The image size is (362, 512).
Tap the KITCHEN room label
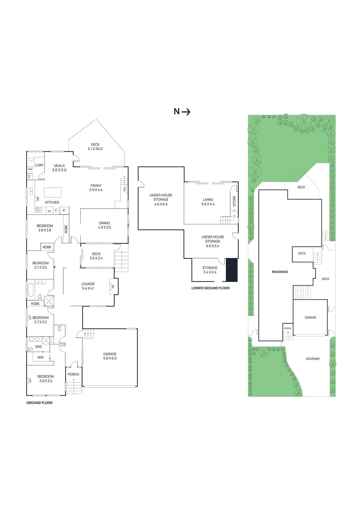52,202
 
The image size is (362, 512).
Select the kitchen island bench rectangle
52,192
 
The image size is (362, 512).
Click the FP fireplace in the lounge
113,286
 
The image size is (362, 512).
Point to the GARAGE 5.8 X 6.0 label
110,356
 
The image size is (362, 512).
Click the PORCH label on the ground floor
73,374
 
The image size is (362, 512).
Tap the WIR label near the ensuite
40,357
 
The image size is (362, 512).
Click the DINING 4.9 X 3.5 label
104,225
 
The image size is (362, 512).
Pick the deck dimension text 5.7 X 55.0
95,149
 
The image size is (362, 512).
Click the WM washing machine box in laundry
30,169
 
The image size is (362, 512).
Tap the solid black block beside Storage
232,270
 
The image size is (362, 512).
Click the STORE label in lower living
234,201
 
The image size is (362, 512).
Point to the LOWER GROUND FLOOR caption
210,288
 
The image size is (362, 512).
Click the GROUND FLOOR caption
39,403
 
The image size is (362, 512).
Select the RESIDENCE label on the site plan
280,272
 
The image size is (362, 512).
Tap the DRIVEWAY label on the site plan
313,359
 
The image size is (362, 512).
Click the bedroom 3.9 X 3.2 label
46,379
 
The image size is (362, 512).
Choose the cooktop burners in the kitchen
38,210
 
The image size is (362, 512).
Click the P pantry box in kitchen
64,210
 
